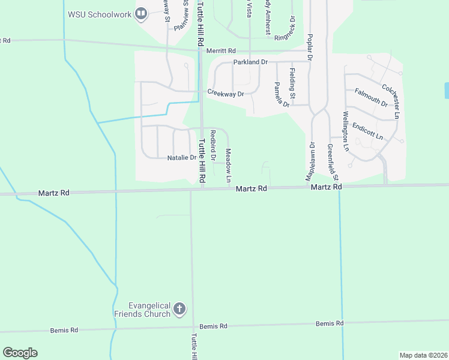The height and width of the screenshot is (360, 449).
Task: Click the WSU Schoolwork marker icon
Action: coord(142,13)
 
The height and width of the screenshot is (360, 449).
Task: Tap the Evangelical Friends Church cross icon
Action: coord(179,310)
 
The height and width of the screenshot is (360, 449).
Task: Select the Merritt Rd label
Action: coord(221,52)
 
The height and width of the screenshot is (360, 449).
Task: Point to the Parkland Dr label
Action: coord(250,62)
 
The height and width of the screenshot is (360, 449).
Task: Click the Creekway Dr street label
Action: coord(226,94)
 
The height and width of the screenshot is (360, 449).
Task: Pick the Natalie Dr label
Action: coord(181,158)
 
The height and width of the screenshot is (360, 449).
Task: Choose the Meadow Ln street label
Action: coord(228,166)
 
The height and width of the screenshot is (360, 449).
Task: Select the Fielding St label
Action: coord(292,84)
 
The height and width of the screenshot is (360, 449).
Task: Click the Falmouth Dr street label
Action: coord(370,97)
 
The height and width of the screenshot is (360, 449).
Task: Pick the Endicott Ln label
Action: coord(367,131)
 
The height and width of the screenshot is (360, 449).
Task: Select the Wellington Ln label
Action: coord(345,130)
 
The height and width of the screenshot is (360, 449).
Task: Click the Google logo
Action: coord(20,353)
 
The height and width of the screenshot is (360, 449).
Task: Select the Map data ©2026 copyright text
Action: coord(423,355)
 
